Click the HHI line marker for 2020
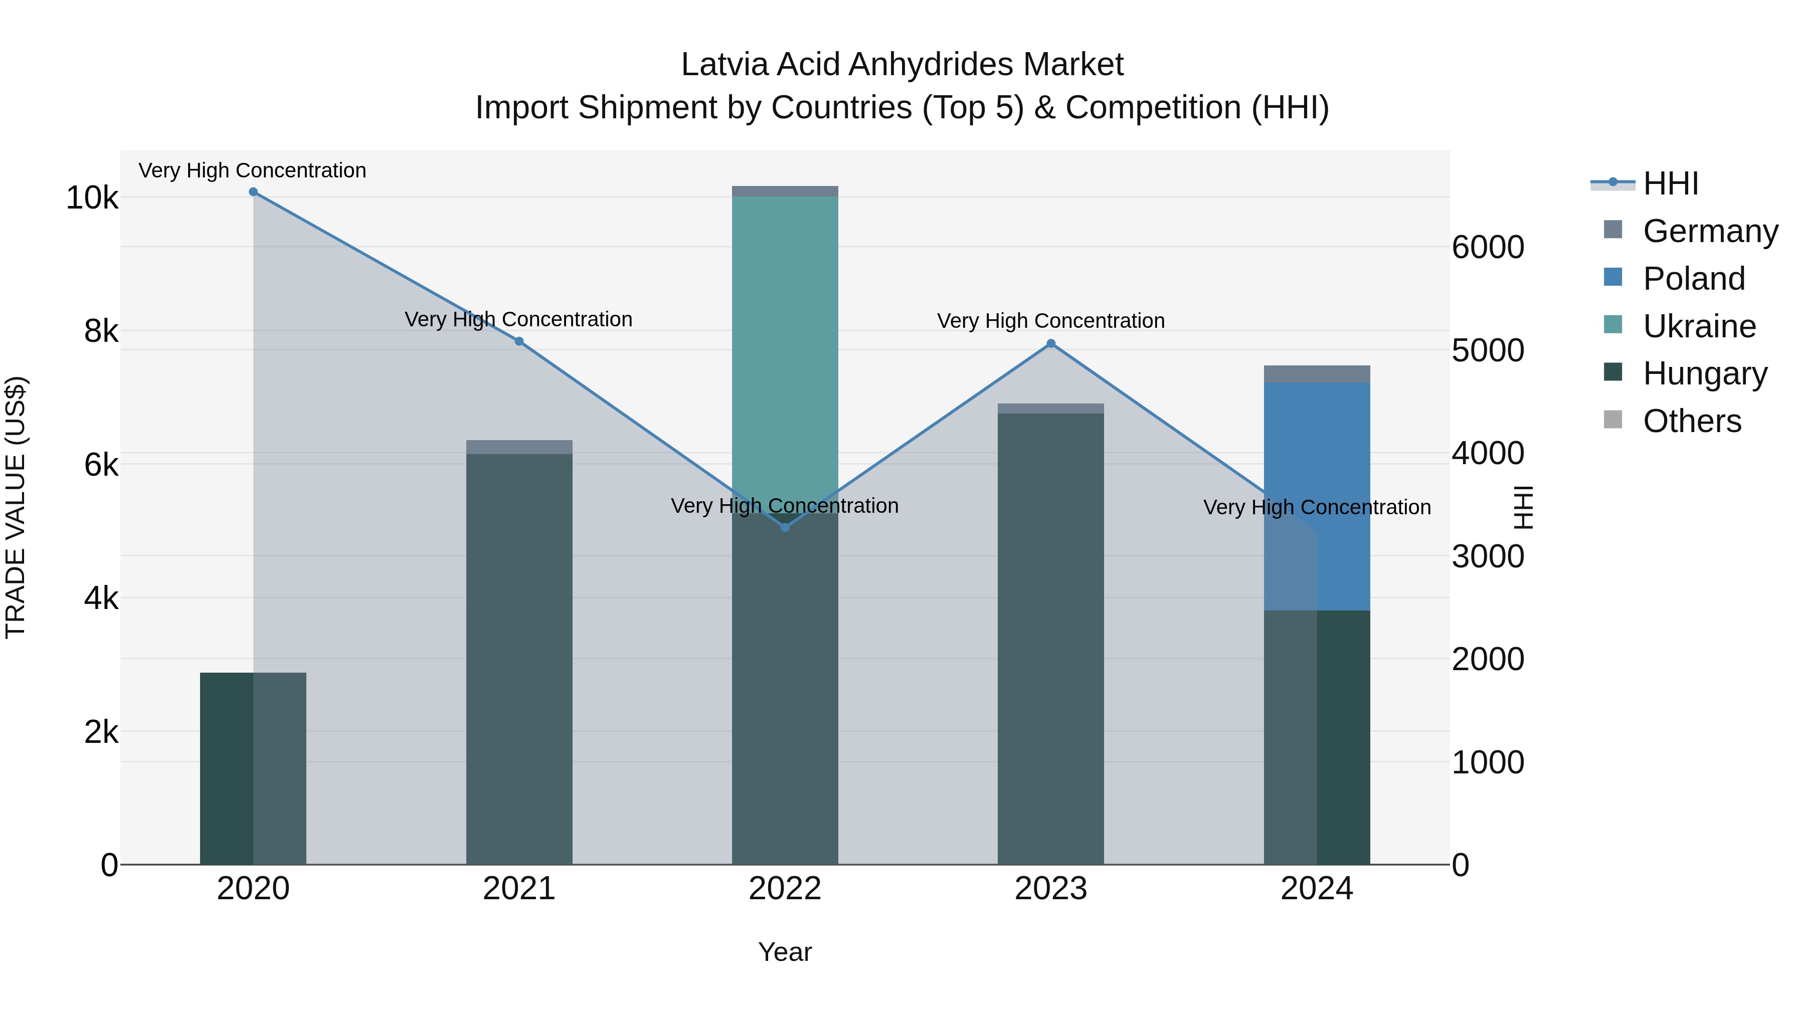(253, 192)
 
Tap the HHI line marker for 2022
(785, 527)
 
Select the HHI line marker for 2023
(1050, 344)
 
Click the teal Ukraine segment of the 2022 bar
(785, 350)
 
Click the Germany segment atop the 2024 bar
(1317, 374)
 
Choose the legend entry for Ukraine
(1699, 326)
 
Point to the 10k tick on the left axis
(92, 198)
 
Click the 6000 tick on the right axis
(1488, 247)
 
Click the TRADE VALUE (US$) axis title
(16, 507)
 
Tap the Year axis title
(785, 952)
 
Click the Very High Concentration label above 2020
(252, 170)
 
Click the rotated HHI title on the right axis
(1523, 507)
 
